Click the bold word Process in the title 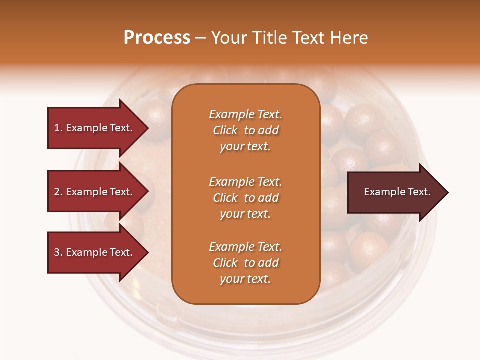click(x=157, y=38)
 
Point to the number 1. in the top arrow click(x=58, y=128)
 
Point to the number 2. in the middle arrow click(x=58, y=192)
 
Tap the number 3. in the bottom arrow click(x=58, y=252)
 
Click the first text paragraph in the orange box click(x=245, y=130)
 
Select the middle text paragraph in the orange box click(x=245, y=198)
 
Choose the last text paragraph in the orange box click(x=245, y=263)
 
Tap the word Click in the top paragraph click(x=225, y=130)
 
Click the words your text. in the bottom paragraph click(x=245, y=279)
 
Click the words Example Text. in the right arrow click(x=397, y=192)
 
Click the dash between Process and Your click(x=200, y=38)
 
